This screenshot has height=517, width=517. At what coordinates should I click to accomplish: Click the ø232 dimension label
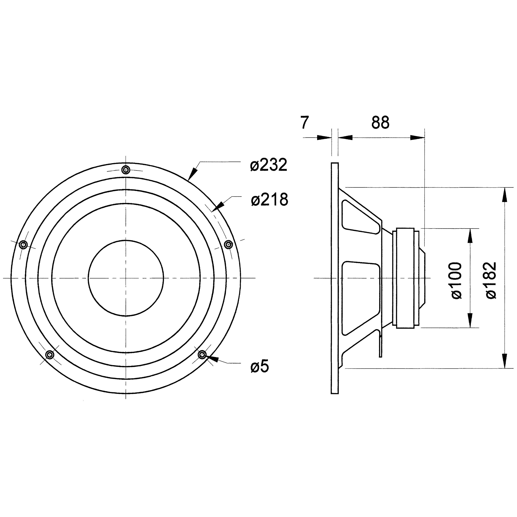tap(268, 165)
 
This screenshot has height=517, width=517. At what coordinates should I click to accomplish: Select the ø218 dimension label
tap(269, 199)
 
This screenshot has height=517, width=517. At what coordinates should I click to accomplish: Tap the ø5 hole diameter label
tap(260, 366)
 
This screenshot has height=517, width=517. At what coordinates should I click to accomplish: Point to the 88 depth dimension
tap(380, 123)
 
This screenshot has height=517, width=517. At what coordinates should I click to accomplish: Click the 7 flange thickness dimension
tap(305, 123)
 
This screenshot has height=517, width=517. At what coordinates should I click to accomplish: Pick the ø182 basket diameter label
tap(491, 281)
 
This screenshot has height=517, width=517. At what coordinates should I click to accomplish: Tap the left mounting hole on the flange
tap(24, 244)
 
